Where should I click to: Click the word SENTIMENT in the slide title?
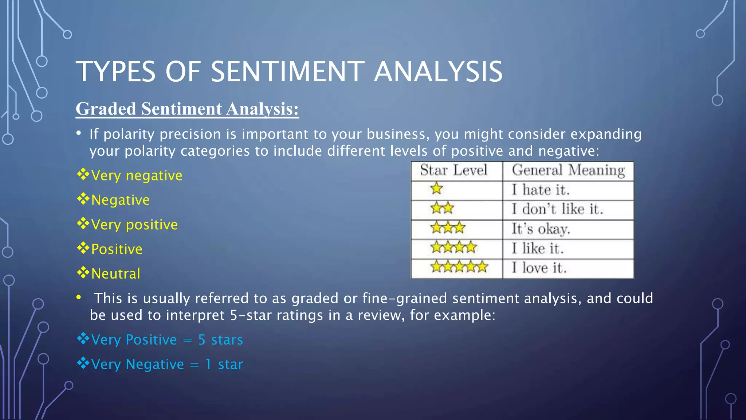tap(287, 71)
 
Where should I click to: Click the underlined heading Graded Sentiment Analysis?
tap(187, 109)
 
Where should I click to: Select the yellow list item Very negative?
tap(136, 176)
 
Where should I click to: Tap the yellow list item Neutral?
tap(115, 274)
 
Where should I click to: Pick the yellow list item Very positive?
tap(134, 225)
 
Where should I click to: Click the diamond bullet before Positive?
tap(83, 248)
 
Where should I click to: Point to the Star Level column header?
tap(454, 171)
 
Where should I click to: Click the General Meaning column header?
tap(568, 171)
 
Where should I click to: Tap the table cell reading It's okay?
tap(541, 229)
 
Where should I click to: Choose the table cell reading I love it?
tap(539, 268)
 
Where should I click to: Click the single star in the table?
tap(436, 189)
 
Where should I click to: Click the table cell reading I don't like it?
tap(557, 209)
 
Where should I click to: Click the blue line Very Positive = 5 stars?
tap(167, 340)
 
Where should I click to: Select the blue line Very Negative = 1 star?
tap(167, 364)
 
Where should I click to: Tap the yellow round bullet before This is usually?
tap(79, 297)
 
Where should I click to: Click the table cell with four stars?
tap(454, 248)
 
